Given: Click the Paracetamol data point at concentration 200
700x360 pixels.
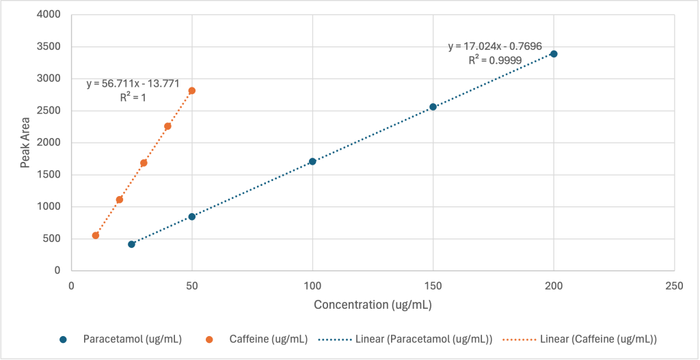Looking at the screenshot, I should [x=554, y=54].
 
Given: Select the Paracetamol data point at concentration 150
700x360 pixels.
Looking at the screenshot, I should [x=433, y=107].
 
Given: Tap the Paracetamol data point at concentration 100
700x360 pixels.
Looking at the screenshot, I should [x=312, y=162].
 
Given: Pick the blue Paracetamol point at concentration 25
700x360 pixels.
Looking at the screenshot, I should [x=131, y=244].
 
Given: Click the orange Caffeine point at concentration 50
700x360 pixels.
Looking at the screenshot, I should [x=192, y=91].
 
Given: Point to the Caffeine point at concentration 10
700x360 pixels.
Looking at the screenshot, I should [x=96, y=236].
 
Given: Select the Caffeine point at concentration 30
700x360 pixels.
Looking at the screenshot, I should [x=144, y=163].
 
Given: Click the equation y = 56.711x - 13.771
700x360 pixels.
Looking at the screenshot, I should [x=133, y=84].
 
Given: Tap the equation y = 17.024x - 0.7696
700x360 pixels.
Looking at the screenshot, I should [x=495, y=47].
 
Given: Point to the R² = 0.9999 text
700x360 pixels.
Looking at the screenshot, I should [x=495, y=60].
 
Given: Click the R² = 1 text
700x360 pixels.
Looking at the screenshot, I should [x=133, y=98].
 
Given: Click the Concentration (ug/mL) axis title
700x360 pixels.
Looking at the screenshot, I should [x=373, y=305].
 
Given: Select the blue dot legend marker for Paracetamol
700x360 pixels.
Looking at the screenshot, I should [x=64, y=339].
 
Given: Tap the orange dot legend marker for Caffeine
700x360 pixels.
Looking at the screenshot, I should [x=210, y=339].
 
